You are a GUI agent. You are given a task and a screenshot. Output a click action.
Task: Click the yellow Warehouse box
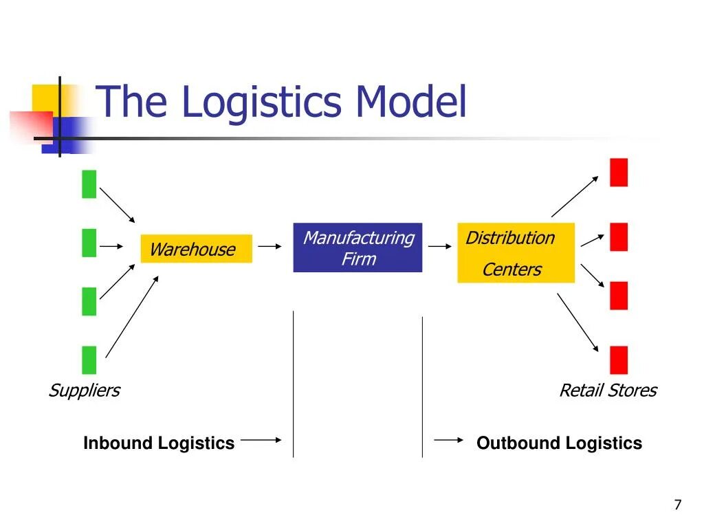[196, 248]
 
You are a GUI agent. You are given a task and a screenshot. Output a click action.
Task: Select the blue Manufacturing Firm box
[357, 247]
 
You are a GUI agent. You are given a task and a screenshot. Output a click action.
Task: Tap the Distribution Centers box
[516, 253]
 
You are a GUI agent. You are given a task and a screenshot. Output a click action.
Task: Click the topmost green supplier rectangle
[89, 184]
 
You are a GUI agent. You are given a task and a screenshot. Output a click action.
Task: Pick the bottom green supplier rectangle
[89, 360]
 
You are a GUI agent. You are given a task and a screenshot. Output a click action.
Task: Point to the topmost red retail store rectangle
[619, 173]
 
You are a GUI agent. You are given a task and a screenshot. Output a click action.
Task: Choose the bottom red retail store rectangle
[619, 360]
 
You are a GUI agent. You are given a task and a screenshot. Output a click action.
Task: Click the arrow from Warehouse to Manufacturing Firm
[269, 246]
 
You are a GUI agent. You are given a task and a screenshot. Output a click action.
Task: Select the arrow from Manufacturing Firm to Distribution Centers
[440, 246]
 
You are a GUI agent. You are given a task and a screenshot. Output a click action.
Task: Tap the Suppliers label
[85, 390]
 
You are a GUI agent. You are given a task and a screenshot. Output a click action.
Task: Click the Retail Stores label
[608, 390]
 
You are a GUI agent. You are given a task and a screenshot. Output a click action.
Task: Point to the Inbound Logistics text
[159, 443]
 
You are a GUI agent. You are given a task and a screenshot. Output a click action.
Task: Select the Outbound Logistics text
[560, 443]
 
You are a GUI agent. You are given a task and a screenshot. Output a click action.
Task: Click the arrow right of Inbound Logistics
[261, 440]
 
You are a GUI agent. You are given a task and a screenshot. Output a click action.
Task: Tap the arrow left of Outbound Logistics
[448, 440]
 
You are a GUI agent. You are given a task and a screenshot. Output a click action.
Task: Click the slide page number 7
[678, 505]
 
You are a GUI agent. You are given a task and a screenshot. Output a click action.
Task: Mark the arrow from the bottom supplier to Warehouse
[132, 316]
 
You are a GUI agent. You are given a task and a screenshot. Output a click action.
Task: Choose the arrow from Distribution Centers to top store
[575, 196]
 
